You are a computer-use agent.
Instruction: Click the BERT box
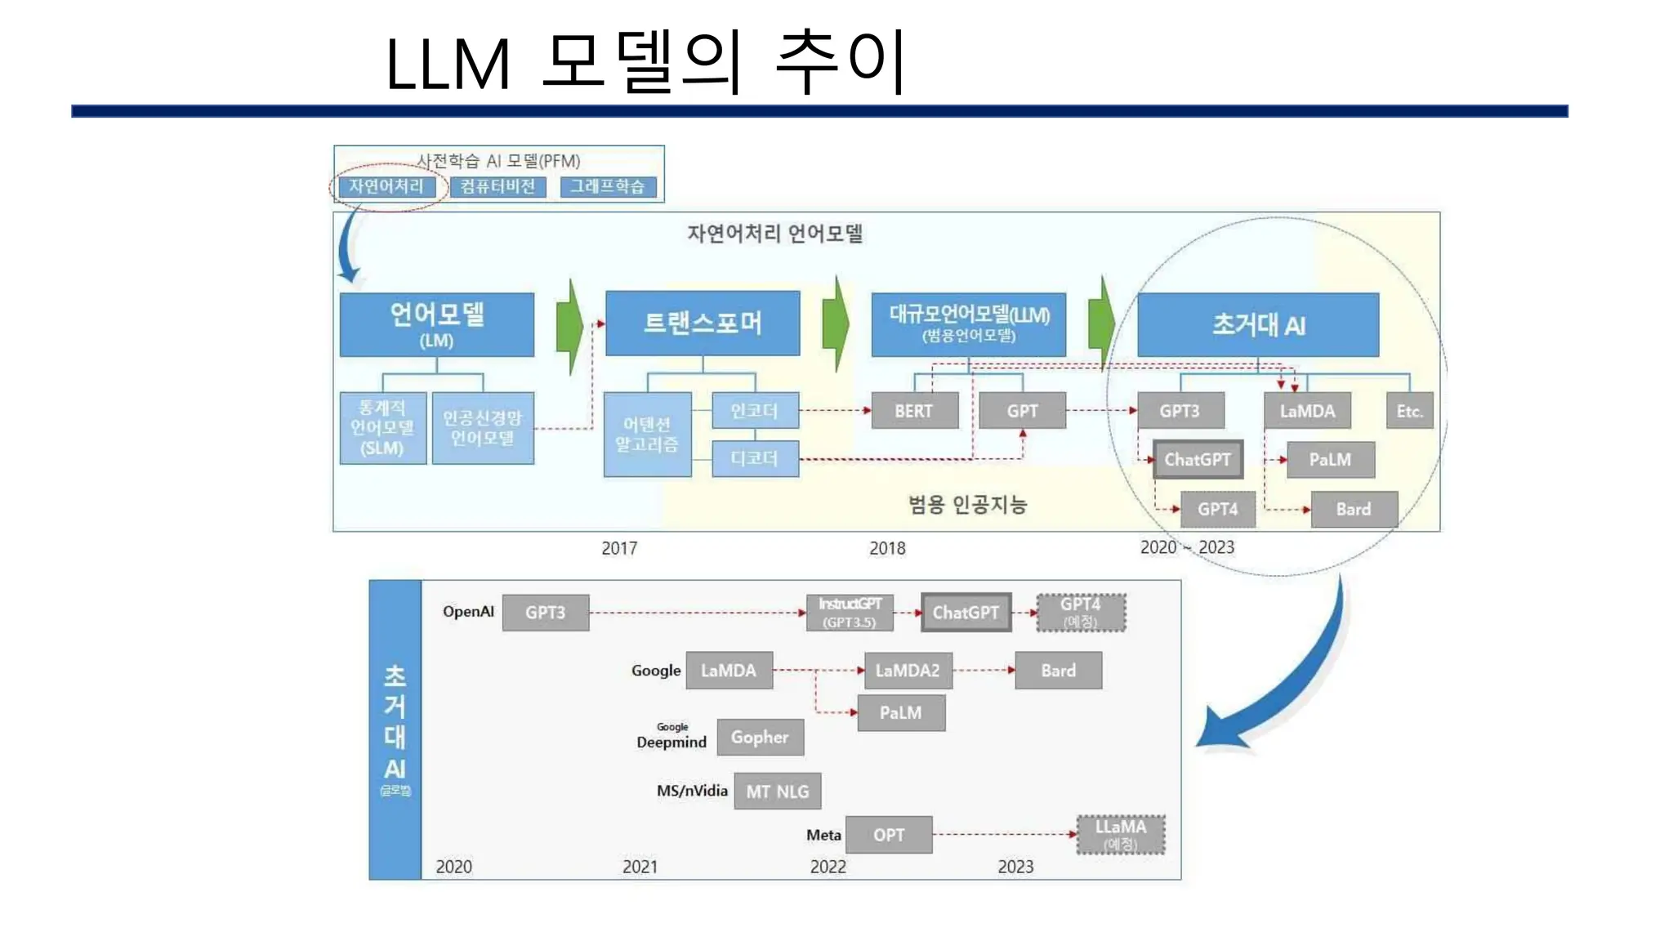pos(914,411)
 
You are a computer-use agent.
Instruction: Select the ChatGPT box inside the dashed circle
pos(1198,459)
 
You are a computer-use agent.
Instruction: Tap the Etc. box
pos(1409,411)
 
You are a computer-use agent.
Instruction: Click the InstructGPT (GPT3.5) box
pos(850,613)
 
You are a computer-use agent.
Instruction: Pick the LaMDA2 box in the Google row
pos(908,671)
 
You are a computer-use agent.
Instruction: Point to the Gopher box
pos(760,737)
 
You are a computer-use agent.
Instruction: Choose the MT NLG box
pos(777,792)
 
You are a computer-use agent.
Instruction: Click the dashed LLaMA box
pos(1121,834)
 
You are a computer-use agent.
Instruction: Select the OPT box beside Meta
pos(889,835)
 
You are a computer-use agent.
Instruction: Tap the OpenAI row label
pos(468,612)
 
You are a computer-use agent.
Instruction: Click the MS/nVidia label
pos(692,791)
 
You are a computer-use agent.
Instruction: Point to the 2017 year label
pos(619,548)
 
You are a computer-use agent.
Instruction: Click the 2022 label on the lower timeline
pos(828,867)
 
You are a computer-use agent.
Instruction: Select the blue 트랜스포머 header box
pos(703,323)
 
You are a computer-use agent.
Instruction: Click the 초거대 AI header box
pos(1258,325)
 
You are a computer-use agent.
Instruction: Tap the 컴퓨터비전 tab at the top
pos(497,187)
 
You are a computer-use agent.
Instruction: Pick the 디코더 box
pos(755,458)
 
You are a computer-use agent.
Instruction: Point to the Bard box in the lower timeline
pos(1058,671)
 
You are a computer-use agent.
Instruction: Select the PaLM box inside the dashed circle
pos(1330,460)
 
